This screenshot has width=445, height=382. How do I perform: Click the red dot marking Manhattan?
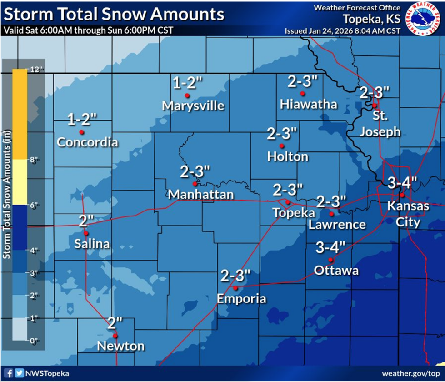195,184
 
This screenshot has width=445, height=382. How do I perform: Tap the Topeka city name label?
287,213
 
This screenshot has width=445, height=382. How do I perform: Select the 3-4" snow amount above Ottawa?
331,248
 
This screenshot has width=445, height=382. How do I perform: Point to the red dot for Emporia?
235,288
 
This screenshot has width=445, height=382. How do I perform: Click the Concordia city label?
87,142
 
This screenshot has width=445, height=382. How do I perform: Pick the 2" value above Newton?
115,323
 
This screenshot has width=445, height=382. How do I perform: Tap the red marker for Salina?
86,233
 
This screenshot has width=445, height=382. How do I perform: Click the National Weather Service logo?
423,19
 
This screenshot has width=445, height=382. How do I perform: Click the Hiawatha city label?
309,104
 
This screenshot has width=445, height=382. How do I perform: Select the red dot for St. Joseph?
375,105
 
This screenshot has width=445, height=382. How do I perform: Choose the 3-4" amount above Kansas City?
402,183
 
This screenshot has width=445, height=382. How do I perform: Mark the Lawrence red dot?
332,214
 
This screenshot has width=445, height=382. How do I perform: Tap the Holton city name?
288,157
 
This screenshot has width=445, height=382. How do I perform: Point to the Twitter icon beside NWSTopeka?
19,373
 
